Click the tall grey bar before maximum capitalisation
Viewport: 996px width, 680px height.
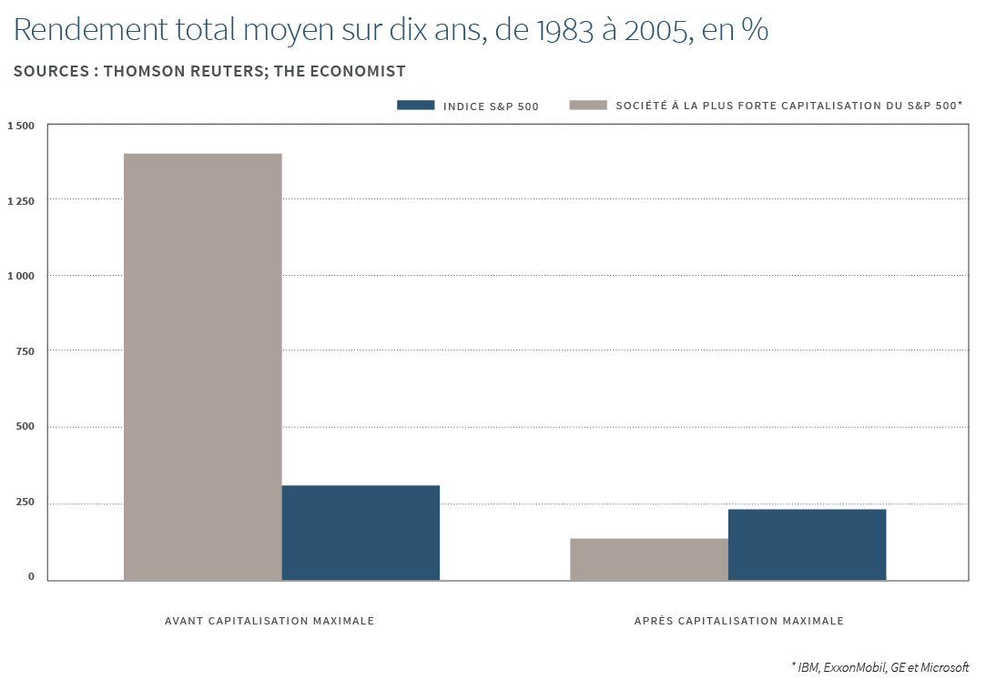(202, 366)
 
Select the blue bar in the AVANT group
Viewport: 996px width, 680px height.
(361, 533)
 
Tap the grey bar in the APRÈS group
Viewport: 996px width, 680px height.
(648, 559)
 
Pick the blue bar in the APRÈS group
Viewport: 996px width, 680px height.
(807, 544)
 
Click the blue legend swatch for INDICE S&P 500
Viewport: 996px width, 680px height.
(416, 106)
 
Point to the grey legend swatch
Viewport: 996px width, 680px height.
(588, 106)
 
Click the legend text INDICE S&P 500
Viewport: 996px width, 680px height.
(491, 107)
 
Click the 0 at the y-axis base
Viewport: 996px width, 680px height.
(31, 576)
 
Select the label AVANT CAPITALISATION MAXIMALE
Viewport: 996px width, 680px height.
(269, 621)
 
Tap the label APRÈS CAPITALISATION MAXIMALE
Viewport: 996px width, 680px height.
(738, 621)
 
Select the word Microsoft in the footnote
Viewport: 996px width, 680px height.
(945, 667)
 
